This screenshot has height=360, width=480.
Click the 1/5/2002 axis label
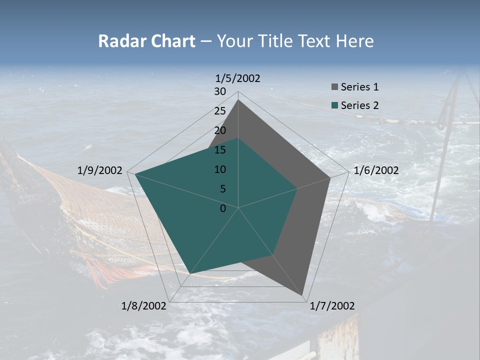coord(238,78)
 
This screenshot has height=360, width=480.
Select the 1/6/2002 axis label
coord(376,170)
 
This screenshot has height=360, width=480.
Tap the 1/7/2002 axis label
coord(332,306)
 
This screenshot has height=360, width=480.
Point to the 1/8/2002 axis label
coord(144,306)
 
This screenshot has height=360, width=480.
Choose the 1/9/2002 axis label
coord(100,170)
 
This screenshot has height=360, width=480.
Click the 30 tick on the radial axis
coord(220,91)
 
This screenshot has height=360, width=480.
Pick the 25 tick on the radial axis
coord(220,111)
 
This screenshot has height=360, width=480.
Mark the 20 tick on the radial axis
coord(220,130)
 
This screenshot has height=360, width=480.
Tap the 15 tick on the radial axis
coord(220,150)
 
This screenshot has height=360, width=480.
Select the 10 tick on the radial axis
coord(220,169)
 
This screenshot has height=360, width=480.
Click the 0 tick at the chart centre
coord(223,208)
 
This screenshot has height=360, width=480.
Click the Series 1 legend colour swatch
coord(335,87)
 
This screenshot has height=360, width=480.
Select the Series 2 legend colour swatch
coord(335,105)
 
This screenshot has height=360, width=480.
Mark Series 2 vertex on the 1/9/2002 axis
coord(135,174)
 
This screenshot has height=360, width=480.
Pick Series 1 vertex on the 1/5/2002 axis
coord(238,100)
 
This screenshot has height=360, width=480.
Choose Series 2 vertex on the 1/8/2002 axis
coord(190,273)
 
